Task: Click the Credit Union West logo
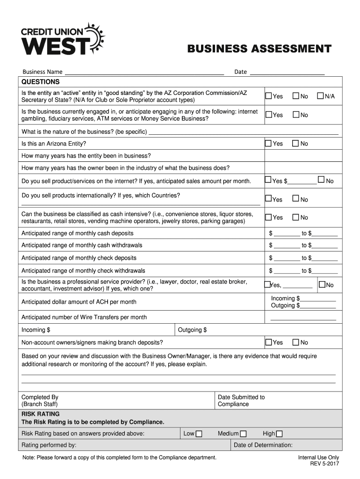[x=63, y=39]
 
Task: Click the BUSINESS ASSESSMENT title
[x=259, y=49]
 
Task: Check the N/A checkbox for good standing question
[x=321, y=96]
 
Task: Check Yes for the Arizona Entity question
[x=268, y=143]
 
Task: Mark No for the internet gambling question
[x=295, y=115]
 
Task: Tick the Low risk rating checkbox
[x=199, y=434]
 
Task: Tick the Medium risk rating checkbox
[x=243, y=434]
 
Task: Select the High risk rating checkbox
[x=280, y=434]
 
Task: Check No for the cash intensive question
[x=295, y=217]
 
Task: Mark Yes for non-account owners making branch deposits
[x=268, y=342]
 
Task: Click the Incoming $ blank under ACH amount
[x=319, y=298]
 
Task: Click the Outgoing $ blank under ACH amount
[x=318, y=306]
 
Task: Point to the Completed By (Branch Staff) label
[x=40, y=400]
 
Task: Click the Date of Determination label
[x=263, y=445]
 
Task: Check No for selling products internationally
[x=295, y=199]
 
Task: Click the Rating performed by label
[x=49, y=445]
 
